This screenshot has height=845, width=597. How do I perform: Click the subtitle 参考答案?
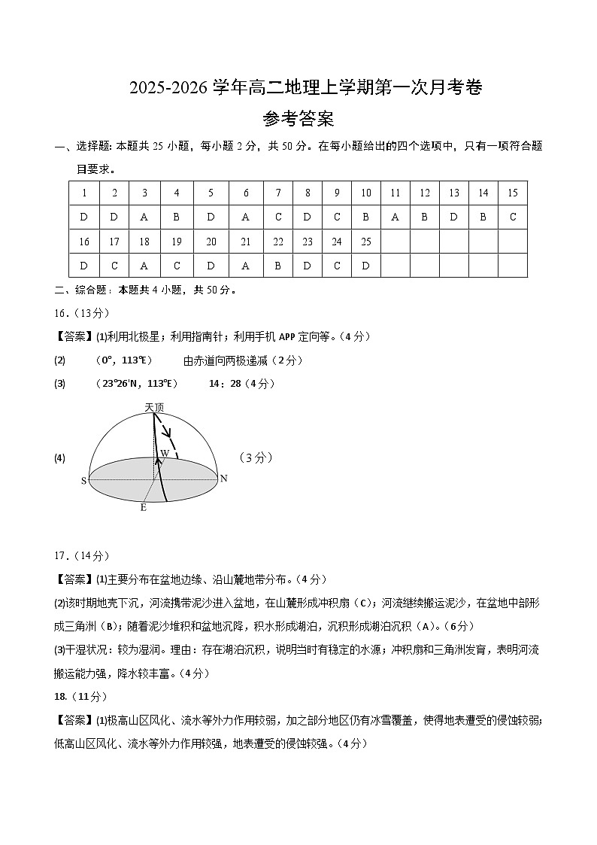pos(298,119)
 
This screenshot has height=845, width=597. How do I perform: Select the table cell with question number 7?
pos(278,193)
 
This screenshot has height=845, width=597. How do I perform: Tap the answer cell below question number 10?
pos(366,217)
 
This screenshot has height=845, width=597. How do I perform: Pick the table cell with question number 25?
pos(366,242)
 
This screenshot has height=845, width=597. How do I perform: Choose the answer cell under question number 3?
pos(144,217)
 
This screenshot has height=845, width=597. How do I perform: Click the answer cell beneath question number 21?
pos(246,266)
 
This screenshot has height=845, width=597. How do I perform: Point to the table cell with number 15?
pos(513,193)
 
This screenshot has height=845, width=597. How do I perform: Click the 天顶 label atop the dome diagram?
pos(154,407)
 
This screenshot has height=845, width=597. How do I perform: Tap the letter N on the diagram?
pos(223,479)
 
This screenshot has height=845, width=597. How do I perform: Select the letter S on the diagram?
pos(83,481)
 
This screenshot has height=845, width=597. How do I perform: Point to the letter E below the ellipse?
pos(143,508)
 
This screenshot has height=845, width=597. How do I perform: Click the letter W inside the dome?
pos(163,454)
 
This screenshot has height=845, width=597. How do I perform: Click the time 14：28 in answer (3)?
pos(225,384)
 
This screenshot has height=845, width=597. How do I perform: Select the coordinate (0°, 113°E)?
pos(125,360)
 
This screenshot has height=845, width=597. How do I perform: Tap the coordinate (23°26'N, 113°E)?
pos(137,384)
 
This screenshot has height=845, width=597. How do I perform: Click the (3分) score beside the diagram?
pos(255,457)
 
